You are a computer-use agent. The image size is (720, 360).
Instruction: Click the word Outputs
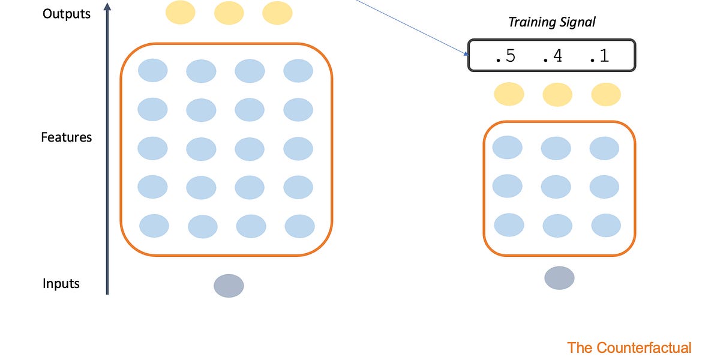tap(67, 13)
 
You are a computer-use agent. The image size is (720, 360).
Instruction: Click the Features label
tap(67, 137)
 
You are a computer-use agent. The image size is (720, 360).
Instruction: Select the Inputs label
tap(61, 284)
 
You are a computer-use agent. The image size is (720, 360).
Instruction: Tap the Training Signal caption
tap(552, 22)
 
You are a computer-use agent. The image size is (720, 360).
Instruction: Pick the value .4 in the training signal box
tap(552, 56)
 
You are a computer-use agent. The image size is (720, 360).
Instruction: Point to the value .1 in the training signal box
tap(598, 56)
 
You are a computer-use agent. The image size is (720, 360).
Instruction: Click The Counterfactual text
tap(629, 347)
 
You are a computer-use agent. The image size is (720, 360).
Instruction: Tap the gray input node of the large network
tap(229, 286)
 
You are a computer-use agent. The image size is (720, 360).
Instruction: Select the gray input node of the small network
tap(559, 278)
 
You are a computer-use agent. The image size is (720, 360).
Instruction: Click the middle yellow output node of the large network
tap(229, 13)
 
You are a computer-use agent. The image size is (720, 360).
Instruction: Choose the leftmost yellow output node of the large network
tap(181, 13)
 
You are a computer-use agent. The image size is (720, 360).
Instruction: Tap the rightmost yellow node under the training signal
tap(606, 95)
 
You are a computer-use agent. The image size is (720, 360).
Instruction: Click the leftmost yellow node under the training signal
tap(509, 94)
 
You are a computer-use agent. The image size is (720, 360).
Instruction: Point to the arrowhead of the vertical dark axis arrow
tap(107, 7)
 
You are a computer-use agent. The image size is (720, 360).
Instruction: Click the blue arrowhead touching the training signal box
tap(466, 53)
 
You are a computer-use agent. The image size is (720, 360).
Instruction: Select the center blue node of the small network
tap(556, 187)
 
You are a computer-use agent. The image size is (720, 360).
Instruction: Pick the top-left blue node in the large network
tap(153, 70)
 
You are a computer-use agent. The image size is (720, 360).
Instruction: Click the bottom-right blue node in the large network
tap(299, 226)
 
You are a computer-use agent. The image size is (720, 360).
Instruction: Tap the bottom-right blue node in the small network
tap(606, 226)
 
